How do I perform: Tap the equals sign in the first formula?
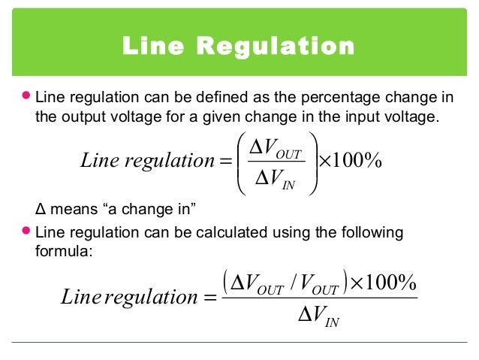(x=224, y=159)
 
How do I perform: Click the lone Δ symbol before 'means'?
(x=40, y=208)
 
